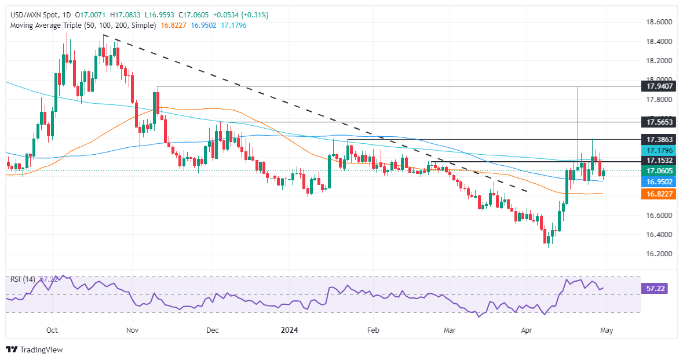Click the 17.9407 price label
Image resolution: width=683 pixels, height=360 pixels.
coord(660,86)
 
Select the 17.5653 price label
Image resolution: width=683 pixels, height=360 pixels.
coord(660,122)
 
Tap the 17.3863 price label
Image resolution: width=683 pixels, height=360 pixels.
coord(660,140)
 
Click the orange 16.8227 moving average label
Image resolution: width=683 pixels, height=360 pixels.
coord(660,194)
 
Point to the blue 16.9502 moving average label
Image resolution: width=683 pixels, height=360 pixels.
coord(660,181)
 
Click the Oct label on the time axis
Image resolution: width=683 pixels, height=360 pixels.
coord(52,330)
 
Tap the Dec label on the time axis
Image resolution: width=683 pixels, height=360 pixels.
coord(212,330)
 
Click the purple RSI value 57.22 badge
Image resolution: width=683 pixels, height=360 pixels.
coord(660,288)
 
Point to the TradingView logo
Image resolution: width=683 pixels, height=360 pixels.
coord(34,350)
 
